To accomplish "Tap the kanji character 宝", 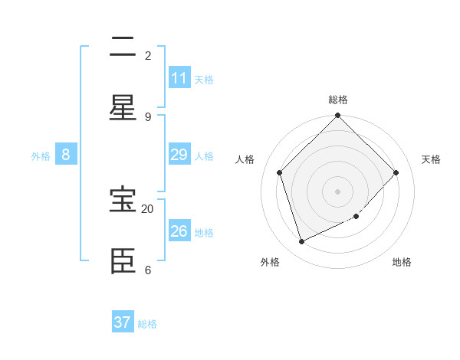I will (123, 200).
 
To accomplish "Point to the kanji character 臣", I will (123, 260).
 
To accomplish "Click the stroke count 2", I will (148, 56).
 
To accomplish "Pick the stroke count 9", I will (148, 116).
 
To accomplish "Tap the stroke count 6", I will (148, 270).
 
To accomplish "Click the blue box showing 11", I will (179, 78).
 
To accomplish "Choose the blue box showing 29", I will (179, 155).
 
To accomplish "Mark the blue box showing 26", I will (179, 231).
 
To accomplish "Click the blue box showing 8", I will (66, 155).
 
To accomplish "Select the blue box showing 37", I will (123, 322).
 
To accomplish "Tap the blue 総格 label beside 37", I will (147, 324).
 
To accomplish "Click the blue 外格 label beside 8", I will (41, 156).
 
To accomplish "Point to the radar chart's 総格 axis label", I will (338, 100).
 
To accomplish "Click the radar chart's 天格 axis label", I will (431, 159).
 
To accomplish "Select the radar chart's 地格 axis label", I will (402, 262).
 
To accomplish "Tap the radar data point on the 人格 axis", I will (280, 172).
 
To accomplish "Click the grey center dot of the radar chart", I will (338, 191).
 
